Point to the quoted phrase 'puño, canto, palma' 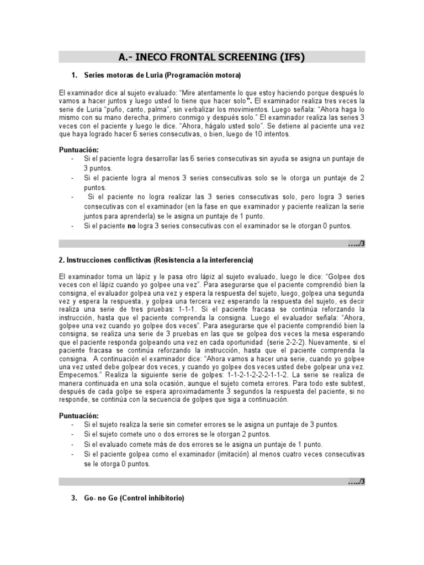(x=138, y=110)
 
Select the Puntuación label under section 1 (x=79, y=150)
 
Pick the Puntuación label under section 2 (x=79, y=414)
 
